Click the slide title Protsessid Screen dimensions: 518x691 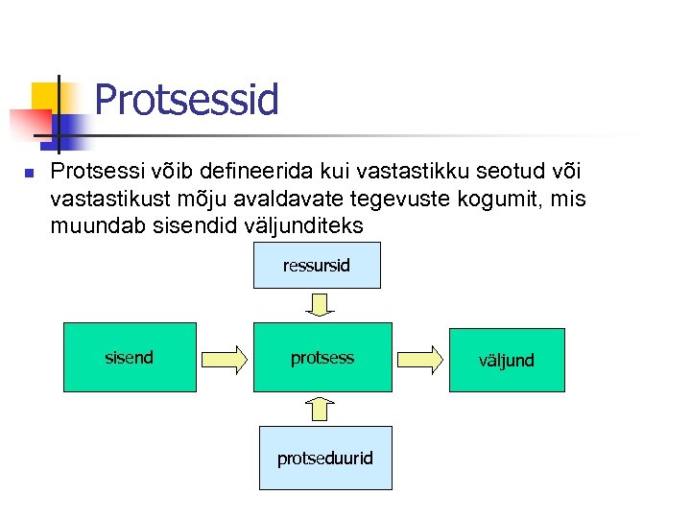coord(186,100)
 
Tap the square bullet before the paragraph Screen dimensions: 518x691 coord(29,174)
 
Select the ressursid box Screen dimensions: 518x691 coord(317,266)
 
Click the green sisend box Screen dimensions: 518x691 coord(130,358)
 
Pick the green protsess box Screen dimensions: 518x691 coord(322,358)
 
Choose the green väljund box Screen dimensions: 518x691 coord(507,361)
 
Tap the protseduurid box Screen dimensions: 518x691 coord(324,459)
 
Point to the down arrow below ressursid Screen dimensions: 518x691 coord(321,305)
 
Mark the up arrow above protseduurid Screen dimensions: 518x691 coord(322,410)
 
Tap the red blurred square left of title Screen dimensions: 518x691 coord(29,123)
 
